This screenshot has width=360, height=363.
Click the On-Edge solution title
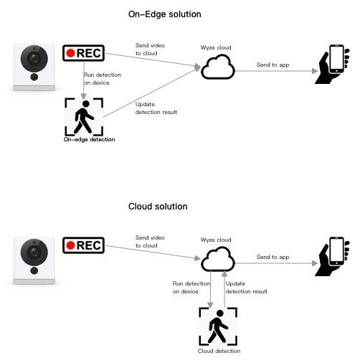tap(164, 14)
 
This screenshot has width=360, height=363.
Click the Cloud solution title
tap(158, 207)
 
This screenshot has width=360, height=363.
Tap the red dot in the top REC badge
tap(71, 53)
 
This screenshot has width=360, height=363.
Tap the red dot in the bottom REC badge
tap(71, 245)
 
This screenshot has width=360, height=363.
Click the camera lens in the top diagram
tap(34, 59)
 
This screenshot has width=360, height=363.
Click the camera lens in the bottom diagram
tap(34, 252)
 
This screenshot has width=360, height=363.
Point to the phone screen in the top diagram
tap(336, 57)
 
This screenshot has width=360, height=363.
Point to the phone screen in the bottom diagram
tap(336, 250)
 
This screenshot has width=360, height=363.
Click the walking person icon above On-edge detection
tap(83, 117)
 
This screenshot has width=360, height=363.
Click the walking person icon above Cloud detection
tap(218, 326)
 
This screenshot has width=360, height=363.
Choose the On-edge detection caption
tap(89, 139)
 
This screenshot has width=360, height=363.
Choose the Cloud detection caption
tap(219, 351)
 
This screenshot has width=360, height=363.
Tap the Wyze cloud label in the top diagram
tap(216, 47)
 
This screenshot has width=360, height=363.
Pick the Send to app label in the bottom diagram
tap(273, 257)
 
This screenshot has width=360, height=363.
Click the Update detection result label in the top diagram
tap(156, 108)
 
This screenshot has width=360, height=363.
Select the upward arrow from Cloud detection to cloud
tap(224, 289)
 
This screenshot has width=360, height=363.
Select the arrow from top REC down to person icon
tap(84, 80)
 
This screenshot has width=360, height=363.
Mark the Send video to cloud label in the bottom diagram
tap(150, 242)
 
